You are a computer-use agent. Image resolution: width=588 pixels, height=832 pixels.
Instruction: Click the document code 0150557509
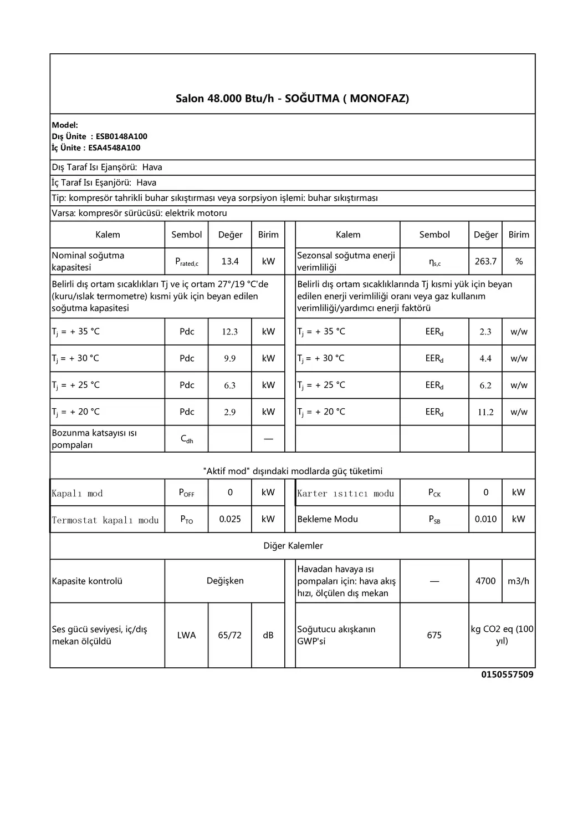507,674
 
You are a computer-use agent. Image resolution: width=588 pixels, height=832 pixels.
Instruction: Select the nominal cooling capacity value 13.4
230,261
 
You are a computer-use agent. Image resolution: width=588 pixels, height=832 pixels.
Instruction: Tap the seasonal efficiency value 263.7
485,261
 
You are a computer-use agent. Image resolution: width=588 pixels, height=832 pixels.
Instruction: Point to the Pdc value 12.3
230,332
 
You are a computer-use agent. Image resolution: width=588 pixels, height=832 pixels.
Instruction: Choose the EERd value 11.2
485,412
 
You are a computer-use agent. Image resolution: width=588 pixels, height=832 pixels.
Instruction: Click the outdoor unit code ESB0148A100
121,136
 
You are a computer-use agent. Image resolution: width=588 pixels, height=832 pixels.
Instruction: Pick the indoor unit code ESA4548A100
114,148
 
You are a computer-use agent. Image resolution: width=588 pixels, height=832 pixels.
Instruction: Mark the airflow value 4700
485,581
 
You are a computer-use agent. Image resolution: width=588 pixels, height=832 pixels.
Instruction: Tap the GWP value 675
434,635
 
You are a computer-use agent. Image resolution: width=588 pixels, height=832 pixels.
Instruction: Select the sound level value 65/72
230,635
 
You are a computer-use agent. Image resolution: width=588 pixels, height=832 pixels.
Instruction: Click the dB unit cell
268,635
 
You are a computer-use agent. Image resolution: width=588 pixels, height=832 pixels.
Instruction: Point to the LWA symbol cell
186,635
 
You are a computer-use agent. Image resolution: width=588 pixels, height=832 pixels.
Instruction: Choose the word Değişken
225,581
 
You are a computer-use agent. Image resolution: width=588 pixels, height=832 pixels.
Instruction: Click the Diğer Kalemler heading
293,546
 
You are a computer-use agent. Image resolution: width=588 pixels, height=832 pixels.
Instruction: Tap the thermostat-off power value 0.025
230,519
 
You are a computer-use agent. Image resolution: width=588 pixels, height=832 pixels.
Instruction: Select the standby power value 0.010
485,519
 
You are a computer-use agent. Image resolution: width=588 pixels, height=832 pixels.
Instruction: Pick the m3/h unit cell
518,581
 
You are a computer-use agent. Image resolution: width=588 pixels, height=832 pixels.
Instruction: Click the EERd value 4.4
485,358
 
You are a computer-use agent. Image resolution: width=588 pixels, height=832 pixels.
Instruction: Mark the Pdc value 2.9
230,412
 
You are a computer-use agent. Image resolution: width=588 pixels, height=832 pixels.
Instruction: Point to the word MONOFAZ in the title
379,99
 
